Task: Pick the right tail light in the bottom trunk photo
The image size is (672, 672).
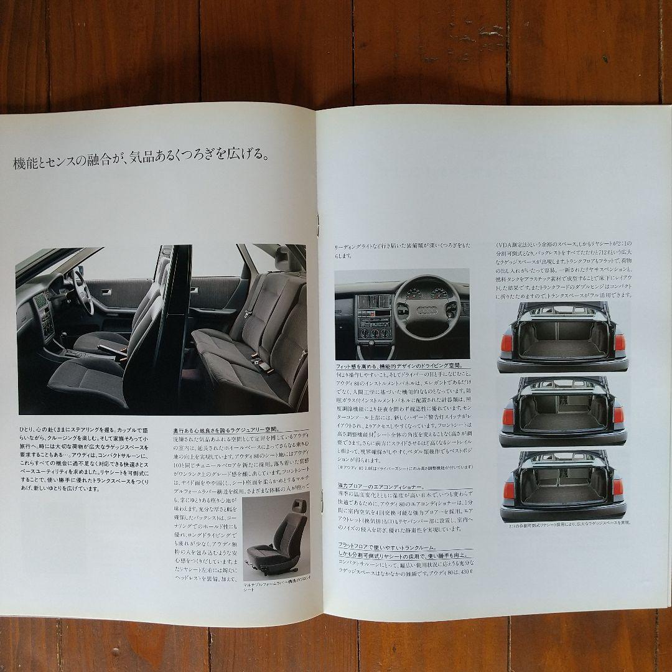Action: pos(617,487)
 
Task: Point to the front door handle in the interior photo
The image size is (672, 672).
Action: pos(106,292)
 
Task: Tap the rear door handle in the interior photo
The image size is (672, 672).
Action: pos(194,291)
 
